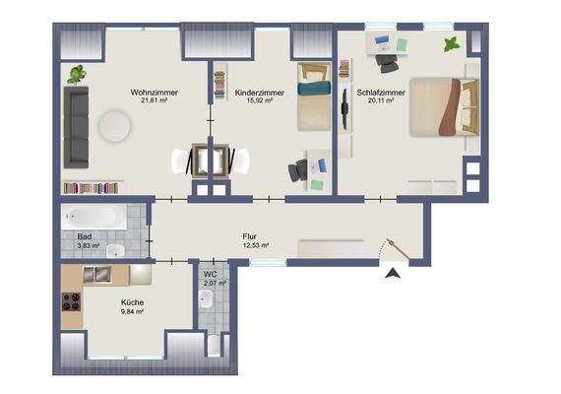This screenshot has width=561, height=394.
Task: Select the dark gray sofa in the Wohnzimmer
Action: pyautogui.click(x=75, y=124)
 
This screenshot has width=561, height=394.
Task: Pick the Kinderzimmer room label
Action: pyautogui.click(x=260, y=93)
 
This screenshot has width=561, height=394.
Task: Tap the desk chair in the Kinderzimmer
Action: pyautogui.click(x=298, y=169)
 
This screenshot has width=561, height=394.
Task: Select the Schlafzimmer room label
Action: pyautogui.click(x=378, y=93)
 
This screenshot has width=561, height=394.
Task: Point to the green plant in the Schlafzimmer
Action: pyautogui.click(x=451, y=44)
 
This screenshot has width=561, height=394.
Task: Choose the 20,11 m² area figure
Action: pyautogui.click(x=378, y=100)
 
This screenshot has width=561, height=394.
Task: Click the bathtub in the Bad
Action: pyautogui.click(x=93, y=218)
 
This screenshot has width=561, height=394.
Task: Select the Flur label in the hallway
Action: pyautogui.click(x=250, y=236)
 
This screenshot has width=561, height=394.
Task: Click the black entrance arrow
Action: pyautogui.click(x=394, y=275)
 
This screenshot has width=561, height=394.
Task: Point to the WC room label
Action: pyautogui.click(x=211, y=275)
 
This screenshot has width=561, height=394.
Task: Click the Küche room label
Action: pyautogui.click(x=132, y=302)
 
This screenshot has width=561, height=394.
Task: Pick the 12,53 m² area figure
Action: pyautogui.click(x=256, y=245)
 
